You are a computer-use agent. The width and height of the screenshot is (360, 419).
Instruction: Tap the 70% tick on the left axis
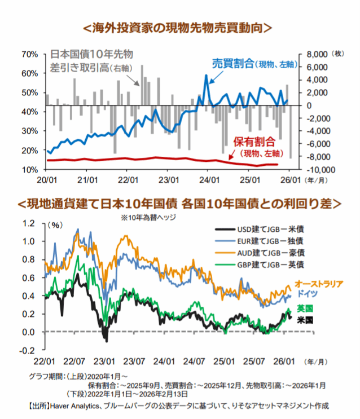coord(30,54)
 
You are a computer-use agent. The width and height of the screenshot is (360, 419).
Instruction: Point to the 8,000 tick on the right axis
coord(315,54)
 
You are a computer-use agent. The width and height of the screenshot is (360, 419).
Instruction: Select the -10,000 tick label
coord(317,170)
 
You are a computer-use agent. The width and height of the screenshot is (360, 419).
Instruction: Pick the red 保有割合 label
coord(254,142)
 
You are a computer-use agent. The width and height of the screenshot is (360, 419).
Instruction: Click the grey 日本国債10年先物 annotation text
coord(91,55)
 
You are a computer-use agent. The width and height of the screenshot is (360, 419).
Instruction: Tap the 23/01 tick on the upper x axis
coord(169,180)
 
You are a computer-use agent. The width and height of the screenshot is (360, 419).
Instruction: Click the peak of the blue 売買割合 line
coord(207,75)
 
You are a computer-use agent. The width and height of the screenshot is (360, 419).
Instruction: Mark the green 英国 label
coord(305,308)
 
